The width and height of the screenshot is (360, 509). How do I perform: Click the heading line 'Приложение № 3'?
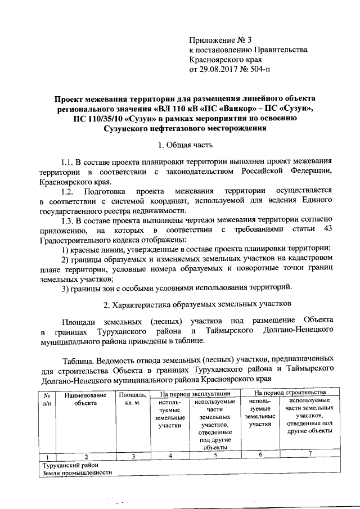[x=221, y=40]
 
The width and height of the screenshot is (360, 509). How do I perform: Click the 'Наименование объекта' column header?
[x=85, y=399]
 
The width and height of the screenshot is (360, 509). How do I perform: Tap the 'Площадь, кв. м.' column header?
[x=132, y=399]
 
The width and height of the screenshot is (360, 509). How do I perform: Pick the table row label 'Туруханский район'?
[x=70, y=465]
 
